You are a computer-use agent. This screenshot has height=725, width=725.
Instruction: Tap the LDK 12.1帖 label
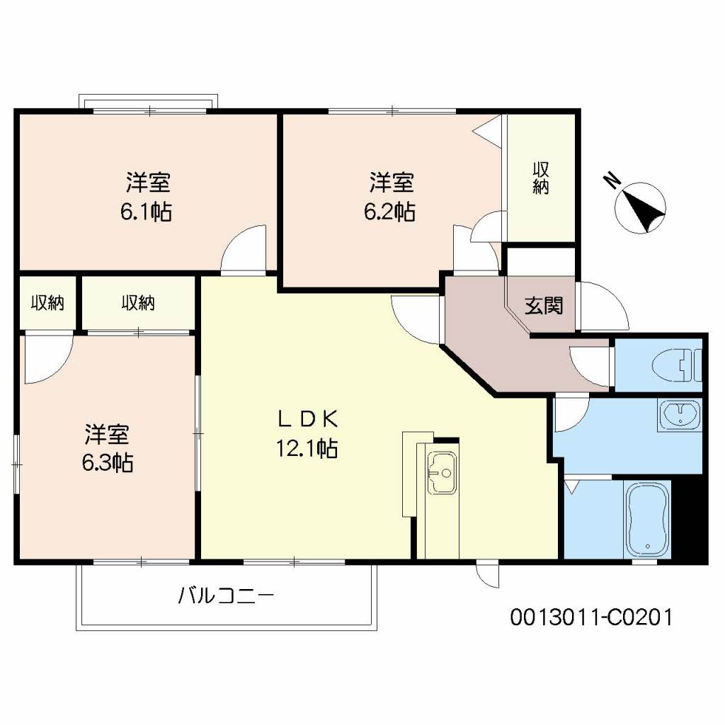pyautogui.click(x=307, y=433)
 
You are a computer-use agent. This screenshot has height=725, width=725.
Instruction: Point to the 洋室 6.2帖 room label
pyautogui.click(x=390, y=197)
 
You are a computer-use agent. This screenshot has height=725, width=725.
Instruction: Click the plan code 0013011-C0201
pyautogui.click(x=590, y=617)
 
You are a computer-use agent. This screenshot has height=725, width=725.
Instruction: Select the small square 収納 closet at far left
pyautogui.click(x=47, y=303)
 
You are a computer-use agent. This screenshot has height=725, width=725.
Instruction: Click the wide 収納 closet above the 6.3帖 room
pyautogui.click(x=137, y=303)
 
